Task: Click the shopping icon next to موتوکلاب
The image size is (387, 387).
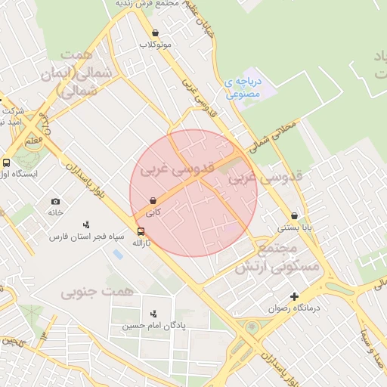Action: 155,33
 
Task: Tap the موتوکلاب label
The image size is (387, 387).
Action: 156,45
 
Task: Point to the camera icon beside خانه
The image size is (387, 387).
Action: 55,201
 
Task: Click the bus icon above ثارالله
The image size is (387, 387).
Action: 141,232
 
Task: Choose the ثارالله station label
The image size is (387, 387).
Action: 141,243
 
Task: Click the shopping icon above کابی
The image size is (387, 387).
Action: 154,201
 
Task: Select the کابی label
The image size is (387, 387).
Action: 154,213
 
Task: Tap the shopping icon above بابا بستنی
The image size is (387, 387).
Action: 294,215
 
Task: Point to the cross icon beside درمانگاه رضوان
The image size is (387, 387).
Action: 295,297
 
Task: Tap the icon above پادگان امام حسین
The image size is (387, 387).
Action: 154,314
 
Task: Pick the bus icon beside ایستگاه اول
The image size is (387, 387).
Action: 7,162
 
